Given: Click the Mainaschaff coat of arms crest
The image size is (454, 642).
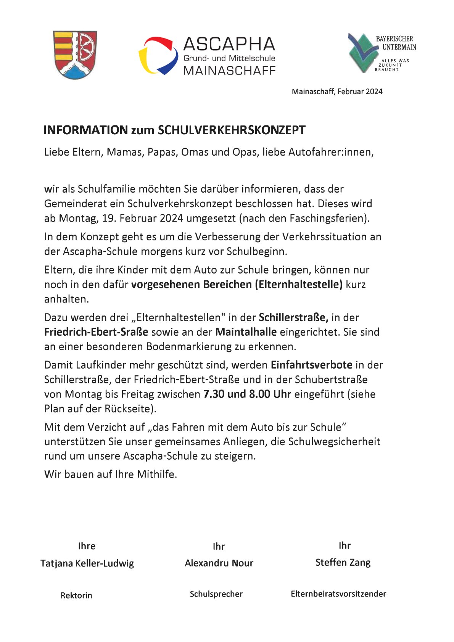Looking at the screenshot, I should (x=75, y=55).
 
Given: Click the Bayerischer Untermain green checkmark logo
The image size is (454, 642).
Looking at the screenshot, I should (x=363, y=53).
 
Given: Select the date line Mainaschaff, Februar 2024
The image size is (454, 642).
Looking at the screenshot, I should (x=337, y=92).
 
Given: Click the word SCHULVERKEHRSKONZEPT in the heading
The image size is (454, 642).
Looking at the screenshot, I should (x=232, y=130).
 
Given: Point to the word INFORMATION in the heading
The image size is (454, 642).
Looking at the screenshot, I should (x=85, y=130).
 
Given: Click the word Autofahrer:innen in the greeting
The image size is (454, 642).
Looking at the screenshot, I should (x=331, y=152).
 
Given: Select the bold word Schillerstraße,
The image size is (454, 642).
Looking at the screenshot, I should (x=293, y=317).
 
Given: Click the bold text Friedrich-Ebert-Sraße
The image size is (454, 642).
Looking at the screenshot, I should (x=96, y=332).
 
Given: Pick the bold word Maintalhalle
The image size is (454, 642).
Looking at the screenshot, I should (x=246, y=332).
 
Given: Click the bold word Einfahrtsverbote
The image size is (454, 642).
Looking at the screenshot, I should (x=311, y=365).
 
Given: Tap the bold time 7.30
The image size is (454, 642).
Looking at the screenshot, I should (x=214, y=394).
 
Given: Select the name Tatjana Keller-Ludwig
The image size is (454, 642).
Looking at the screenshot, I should (x=87, y=563).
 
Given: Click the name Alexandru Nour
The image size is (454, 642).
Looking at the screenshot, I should (x=219, y=563).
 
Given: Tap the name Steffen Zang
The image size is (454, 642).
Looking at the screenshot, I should (x=343, y=562).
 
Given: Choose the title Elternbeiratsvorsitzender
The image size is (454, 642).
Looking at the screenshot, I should (x=338, y=594).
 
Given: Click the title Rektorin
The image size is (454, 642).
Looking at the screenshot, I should (x=76, y=595).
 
